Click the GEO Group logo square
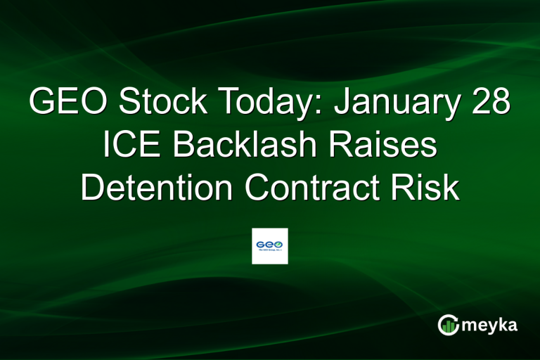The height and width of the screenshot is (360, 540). tap(270, 245)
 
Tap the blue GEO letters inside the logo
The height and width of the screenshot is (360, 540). tap(269, 243)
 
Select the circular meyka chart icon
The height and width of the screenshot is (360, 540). tap(448, 325)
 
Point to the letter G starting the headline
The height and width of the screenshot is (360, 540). tap(43, 103)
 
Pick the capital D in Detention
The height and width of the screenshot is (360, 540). tap(92, 188)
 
